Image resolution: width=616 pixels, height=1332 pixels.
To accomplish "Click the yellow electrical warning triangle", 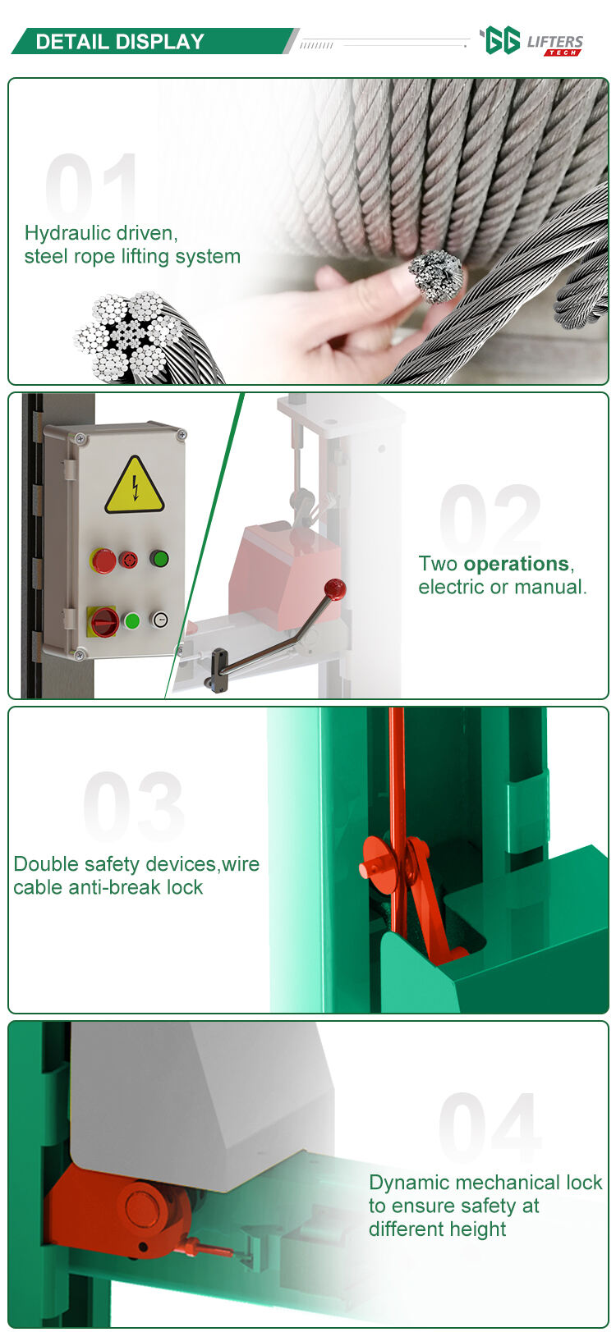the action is pos(135,487).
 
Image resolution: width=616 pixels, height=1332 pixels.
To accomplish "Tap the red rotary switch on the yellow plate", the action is pos(103,621).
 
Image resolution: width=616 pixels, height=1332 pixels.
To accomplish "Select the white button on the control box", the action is pos(159,620).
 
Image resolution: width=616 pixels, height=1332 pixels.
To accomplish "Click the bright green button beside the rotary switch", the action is pos(131,620).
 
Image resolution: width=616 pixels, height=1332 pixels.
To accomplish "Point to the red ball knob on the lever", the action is pos(335,589).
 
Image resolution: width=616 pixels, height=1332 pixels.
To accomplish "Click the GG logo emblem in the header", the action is pos(502,41).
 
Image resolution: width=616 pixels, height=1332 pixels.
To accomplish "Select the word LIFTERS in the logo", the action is pos(554,42).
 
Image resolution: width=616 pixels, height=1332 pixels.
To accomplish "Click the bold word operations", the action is pos(517,564).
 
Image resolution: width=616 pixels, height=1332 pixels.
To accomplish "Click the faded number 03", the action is pos(134,805).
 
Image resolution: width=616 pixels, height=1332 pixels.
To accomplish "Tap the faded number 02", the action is pos(490,518).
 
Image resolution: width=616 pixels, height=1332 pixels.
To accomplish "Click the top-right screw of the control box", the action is pos(181,435).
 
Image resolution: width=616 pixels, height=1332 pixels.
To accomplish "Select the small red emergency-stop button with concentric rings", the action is pos(128,560).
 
